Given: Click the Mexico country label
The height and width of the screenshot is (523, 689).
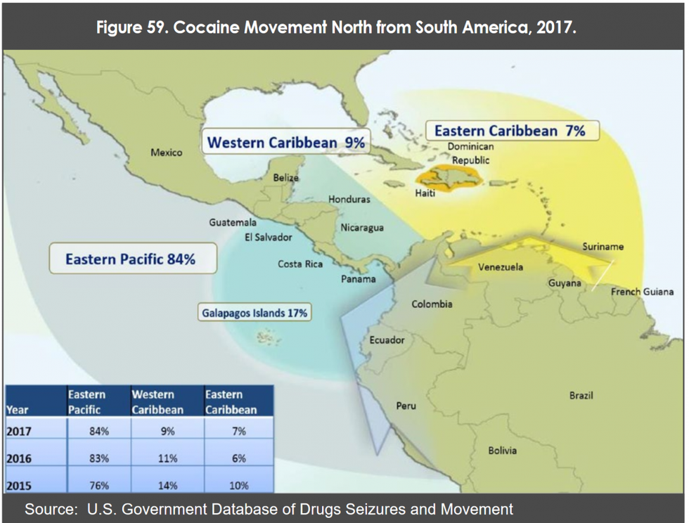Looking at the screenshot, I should point(167,153).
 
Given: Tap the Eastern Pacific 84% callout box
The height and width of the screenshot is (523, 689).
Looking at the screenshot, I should point(130,259).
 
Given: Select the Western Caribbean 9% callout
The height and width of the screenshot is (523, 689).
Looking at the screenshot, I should point(285,143).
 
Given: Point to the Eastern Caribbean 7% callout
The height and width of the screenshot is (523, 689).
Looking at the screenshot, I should point(510,131).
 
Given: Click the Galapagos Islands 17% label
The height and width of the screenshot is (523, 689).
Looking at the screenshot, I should point(255,313).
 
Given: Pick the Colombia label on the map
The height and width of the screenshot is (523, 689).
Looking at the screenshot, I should point(432,304).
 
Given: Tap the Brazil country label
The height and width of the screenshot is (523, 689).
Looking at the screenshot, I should point(581,396).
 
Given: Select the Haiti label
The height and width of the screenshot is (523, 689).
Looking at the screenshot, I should point(425,193).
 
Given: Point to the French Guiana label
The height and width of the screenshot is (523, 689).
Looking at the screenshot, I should point(642,292).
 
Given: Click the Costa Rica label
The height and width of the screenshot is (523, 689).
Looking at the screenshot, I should point(300,264).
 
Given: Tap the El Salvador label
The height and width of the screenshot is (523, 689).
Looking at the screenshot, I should point(268,237).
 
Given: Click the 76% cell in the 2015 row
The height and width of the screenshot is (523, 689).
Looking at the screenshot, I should point(98,485).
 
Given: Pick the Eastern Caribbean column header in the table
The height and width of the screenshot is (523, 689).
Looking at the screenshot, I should point(231,401).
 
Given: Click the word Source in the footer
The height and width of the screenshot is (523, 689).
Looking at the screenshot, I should point(47,509).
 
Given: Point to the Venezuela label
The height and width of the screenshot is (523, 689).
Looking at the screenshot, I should point(500,267).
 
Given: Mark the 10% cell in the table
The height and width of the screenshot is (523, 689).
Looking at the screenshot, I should point(238,485).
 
